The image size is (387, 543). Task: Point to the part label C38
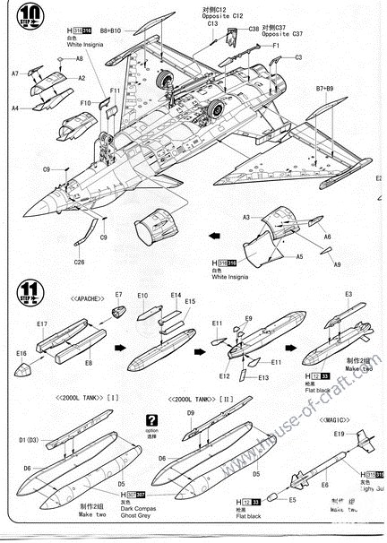coord(254,29)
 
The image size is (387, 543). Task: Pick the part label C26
coord(79,262)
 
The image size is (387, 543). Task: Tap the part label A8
coord(79,58)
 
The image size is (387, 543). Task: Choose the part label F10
coord(85,103)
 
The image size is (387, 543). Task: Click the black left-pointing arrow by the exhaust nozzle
coord(213,237)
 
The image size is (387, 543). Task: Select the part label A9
coord(337,264)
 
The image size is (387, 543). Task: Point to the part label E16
coord(21,354)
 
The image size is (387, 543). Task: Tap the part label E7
coord(118,295)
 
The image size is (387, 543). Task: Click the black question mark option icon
coord(151,418)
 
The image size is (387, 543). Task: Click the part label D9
coord(191,412)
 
